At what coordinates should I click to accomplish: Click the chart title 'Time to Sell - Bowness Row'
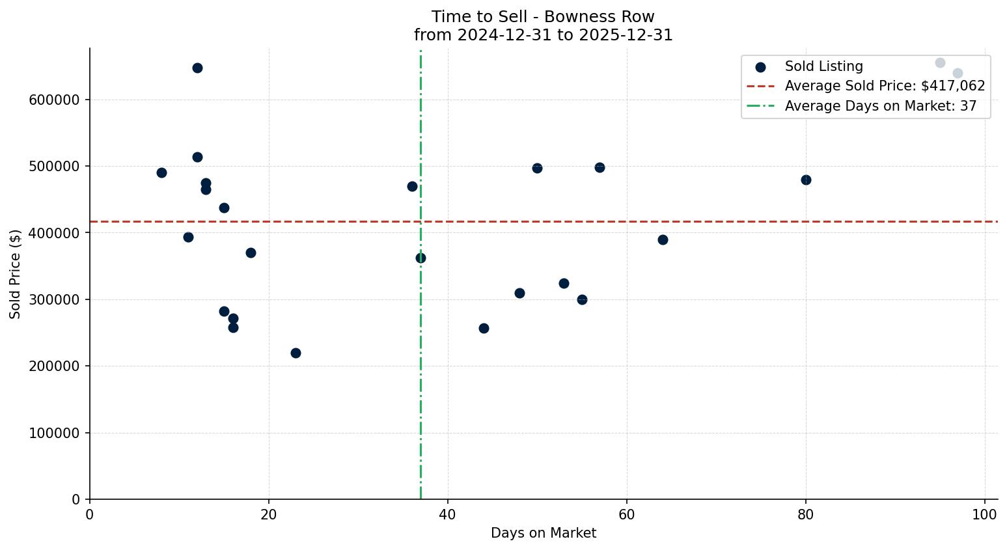tap(543, 17)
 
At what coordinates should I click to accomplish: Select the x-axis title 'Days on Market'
tap(543, 533)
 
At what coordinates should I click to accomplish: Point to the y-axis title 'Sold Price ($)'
tap(16, 273)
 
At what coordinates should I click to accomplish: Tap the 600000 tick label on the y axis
tap(54, 100)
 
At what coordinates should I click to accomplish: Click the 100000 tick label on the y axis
tap(54, 433)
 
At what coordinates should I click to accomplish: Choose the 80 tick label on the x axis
tap(806, 515)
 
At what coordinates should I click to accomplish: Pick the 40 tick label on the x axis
tap(448, 515)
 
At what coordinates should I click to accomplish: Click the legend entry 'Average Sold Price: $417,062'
tap(885, 86)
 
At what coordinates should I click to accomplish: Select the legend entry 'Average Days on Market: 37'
tap(880, 106)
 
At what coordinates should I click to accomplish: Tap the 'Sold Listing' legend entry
tap(823, 66)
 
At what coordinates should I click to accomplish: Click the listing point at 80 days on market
tap(806, 180)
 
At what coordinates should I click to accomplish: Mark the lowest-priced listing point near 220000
tap(296, 353)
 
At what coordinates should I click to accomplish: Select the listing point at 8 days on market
tap(161, 172)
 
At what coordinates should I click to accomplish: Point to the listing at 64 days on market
tap(663, 240)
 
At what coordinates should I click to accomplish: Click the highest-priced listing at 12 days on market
tap(197, 68)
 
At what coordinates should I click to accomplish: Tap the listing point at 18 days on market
tap(251, 253)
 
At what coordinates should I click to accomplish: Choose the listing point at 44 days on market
tap(484, 328)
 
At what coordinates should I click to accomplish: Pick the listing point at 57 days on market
tap(600, 167)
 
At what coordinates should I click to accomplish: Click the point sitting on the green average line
tap(421, 258)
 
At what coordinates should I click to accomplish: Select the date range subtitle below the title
tap(543, 35)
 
